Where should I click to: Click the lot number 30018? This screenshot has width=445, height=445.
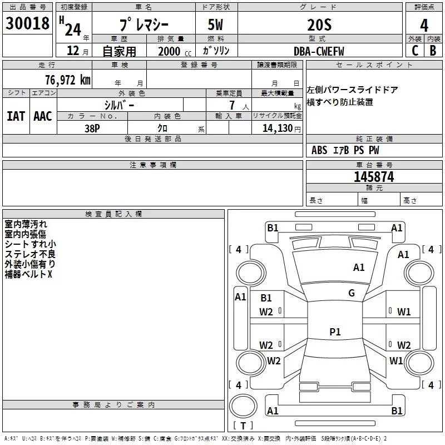click(x=27, y=23)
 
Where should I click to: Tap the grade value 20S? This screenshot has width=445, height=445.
click(x=319, y=24)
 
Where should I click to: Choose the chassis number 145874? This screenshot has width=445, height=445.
click(x=374, y=177)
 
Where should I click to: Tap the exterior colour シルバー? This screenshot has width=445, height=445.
click(x=119, y=105)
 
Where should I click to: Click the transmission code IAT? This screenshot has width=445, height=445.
click(x=16, y=116)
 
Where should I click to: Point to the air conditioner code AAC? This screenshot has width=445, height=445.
click(x=43, y=116)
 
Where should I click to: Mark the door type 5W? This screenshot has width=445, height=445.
click(x=216, y=25)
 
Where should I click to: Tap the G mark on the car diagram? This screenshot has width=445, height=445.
click(x=352, y=293)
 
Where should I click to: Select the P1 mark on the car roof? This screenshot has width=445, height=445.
click(x=335, y=332)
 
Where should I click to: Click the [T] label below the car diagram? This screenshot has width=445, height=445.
click(x=243, y=426)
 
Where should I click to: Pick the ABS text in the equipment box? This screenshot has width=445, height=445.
click(x=319, y=150)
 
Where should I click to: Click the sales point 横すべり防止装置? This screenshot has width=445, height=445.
click(x=340, y=102)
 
